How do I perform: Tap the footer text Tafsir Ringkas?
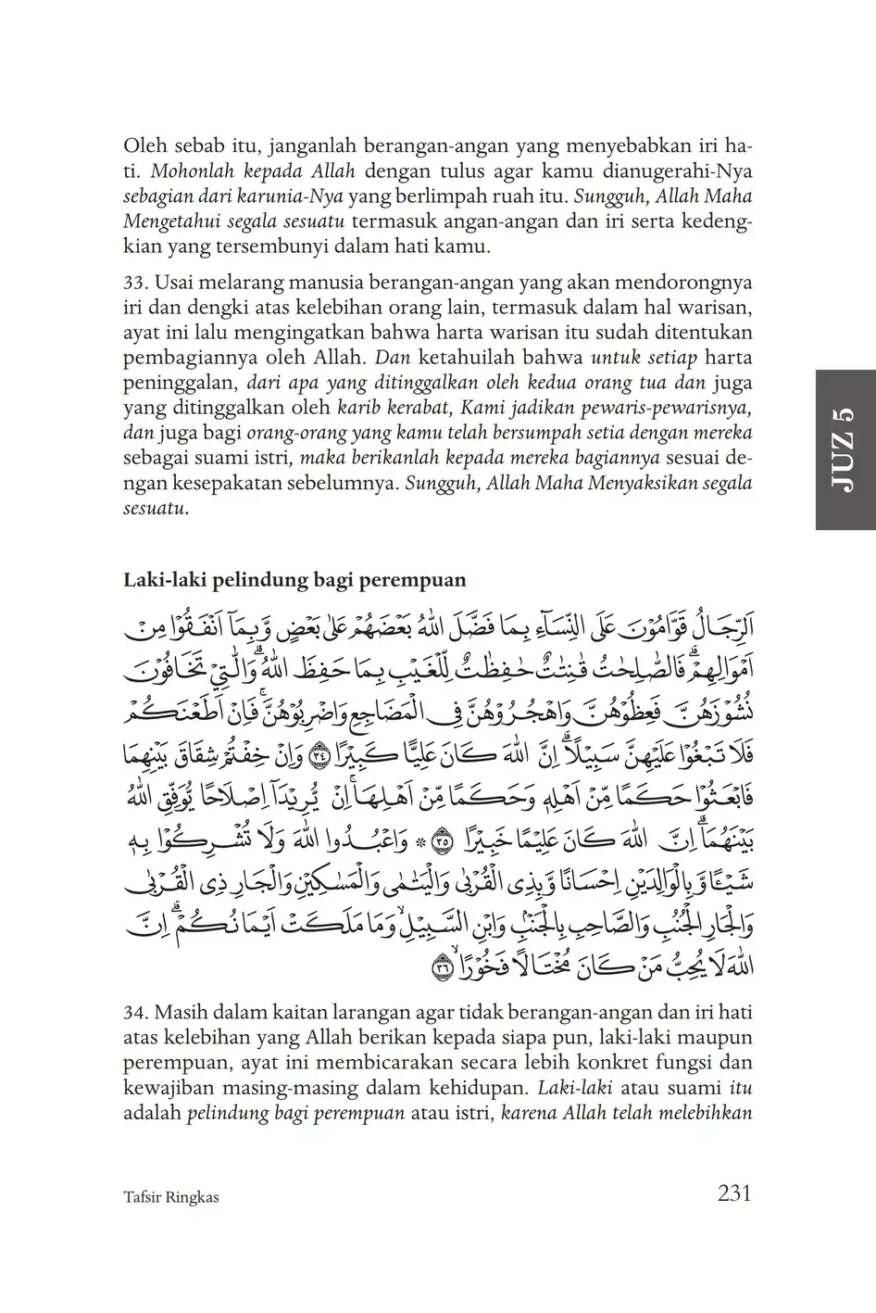[x=170, y=1197]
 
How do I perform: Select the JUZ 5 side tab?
[x=845, y=449]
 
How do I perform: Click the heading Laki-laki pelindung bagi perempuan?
[x=294, y=580]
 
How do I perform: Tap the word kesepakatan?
[x=215, y=483]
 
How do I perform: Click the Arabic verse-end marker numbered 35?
[x=441, y=834]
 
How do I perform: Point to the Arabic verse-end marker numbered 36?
[x=441, y=969]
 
